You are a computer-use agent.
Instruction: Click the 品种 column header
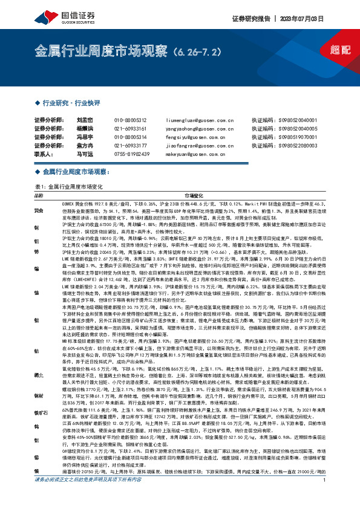39,196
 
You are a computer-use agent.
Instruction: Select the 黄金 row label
39,210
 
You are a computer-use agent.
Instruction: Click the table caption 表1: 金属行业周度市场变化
70,187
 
